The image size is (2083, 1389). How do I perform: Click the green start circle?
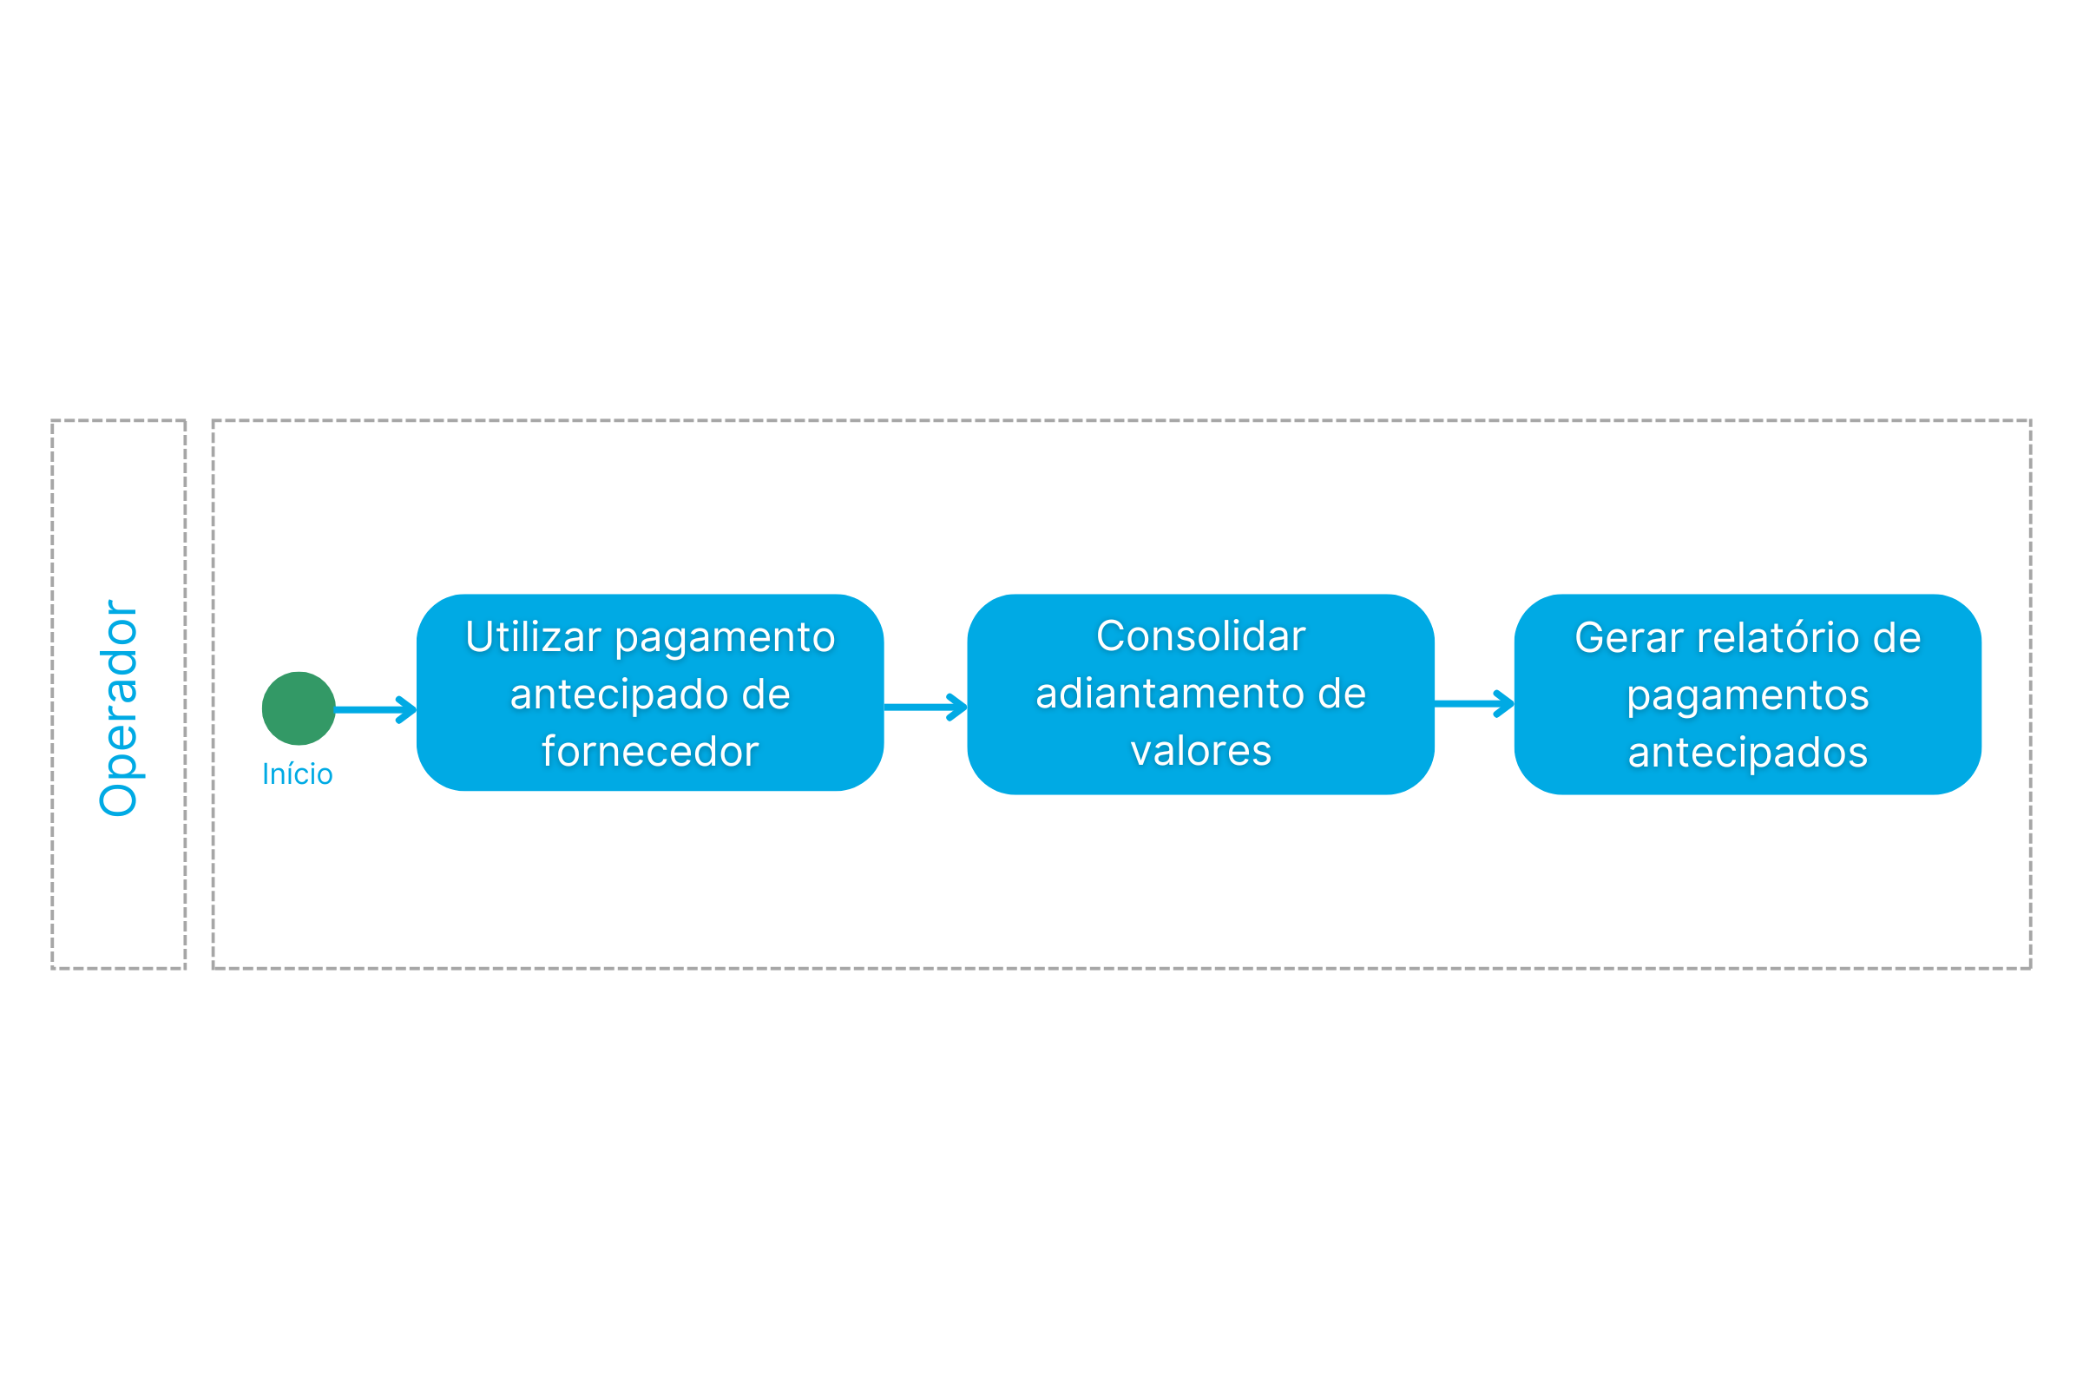tap(299, 708)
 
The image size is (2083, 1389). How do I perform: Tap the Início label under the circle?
tap(298, 774)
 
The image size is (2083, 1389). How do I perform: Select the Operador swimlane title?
tap(119, 708)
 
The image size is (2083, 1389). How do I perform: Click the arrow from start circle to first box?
tap(376, 709)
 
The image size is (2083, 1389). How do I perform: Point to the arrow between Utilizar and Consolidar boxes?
tap(925, 707)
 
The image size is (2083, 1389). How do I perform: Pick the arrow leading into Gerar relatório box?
tap(1475, 703)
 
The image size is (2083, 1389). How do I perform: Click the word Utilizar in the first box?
tap(533, 637)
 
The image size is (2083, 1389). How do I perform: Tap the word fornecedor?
tap(650, 751)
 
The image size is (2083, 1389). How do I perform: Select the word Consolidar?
tap(1201, 636)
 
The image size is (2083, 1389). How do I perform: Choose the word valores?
tap(1201, 750)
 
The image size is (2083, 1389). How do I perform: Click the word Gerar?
tap(1629, 638)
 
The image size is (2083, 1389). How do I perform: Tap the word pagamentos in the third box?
tap(1747, 696)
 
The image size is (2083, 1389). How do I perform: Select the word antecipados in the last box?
tap(1747, 753)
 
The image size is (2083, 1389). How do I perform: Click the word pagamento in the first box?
tap(726, 639)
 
